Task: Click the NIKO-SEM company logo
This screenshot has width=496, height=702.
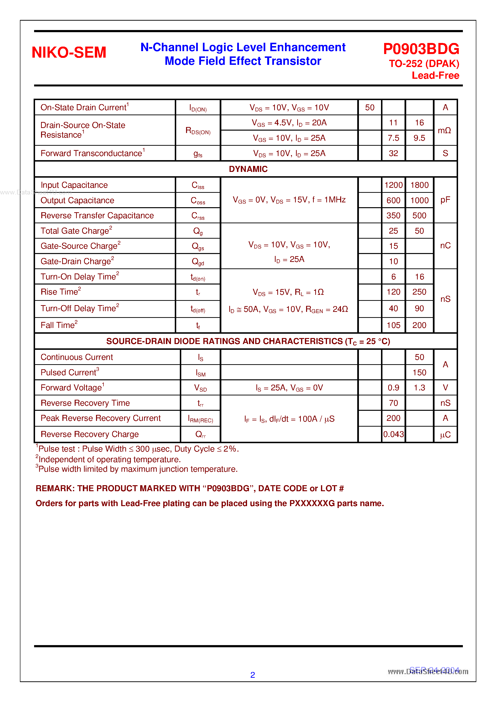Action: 69,52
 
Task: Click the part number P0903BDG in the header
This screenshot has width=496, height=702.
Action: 421,49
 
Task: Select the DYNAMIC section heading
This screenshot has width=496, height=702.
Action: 248,169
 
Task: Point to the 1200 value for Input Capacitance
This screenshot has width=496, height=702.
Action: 393,185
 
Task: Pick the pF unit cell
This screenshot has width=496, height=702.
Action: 445,200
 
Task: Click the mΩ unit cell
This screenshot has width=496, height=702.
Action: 444,131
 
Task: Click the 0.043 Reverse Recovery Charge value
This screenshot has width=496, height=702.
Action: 393,434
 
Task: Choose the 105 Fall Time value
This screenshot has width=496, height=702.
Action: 393,325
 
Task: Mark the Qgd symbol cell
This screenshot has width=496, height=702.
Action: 198,262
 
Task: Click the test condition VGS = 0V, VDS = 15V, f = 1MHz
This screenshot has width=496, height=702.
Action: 289,200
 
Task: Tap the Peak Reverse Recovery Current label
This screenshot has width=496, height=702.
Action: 101,418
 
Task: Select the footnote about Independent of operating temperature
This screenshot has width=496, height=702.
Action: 109,460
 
